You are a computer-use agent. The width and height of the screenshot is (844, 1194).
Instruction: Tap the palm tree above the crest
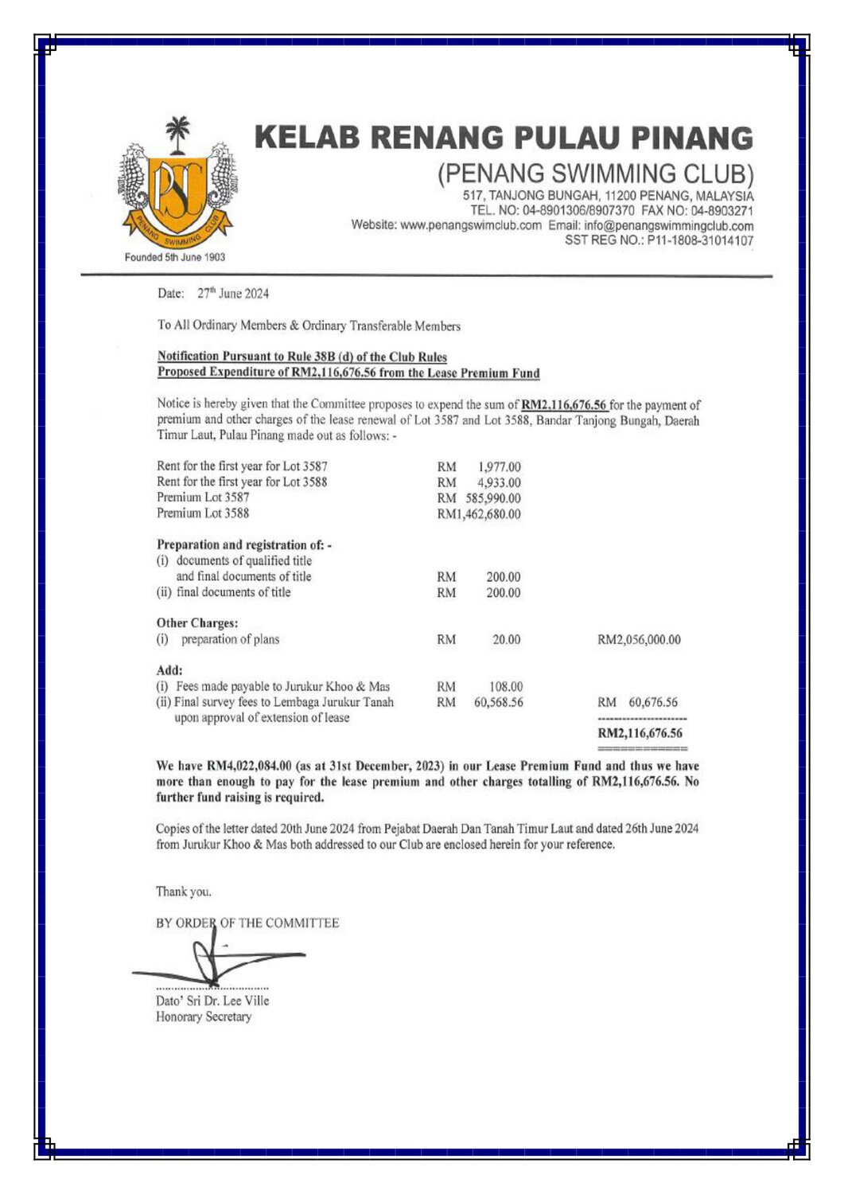pos(177,133)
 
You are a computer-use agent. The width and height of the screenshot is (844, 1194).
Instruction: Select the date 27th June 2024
pos(233,294)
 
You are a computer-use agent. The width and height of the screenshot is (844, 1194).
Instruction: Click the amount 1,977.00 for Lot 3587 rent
pos(499,466)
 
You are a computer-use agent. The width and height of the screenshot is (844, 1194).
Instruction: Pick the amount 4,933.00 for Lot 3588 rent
pos(499,482)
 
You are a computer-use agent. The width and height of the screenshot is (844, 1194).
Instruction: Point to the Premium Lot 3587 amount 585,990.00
pos(493,498)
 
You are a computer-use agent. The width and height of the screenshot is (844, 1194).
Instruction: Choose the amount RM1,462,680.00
pos(479,514)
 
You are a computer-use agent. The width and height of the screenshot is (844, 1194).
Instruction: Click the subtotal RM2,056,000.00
pos(639,640)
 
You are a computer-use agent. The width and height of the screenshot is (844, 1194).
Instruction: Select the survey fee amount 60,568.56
pos(499,703)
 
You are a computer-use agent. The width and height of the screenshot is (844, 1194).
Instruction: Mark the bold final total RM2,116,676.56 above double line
pos(640,734)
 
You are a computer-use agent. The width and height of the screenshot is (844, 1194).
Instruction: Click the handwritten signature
pos(215,958)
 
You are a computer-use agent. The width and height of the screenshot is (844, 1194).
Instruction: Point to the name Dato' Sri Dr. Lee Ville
pos(212,1001)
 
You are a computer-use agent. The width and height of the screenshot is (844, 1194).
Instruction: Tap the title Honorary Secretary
pos(204,1017)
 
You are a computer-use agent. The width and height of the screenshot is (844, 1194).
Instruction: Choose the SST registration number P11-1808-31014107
pos(700,240)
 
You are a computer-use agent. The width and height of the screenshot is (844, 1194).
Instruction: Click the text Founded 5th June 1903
pos(175,257)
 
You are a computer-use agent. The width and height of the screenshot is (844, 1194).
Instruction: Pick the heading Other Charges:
pos(197,623)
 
